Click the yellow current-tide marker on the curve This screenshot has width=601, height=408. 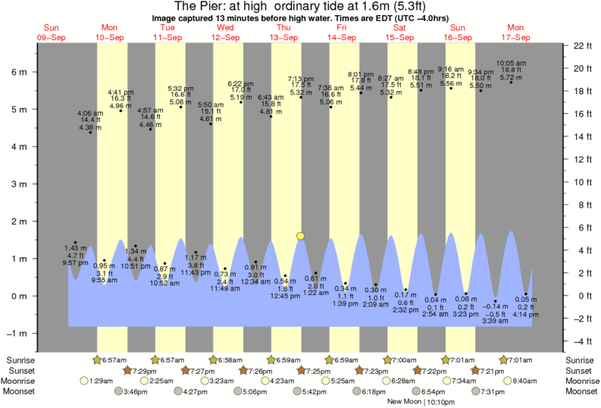pyautogui.click(x=301, y=237)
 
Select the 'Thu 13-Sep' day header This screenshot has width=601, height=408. pyautogui.click(x=284, y=32)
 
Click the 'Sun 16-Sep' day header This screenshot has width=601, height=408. pyautogui.click(x=459, y=32)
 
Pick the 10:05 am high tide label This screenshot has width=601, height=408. pyautogui.click(x=513, y=64)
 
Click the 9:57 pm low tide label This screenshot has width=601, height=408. pyautogui.click(x=75, y=265)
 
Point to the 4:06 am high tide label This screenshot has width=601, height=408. pyautogui.click(x=90, y=114)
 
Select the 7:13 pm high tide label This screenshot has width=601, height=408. pyautogui.click(x=301, y=79)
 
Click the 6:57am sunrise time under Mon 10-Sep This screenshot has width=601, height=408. pyautogui.click(x=113, y=359)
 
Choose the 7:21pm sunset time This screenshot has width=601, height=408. pyautogui.click(x=492, y=370)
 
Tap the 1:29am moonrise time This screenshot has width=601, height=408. pyautogui.click(x=99, y=381)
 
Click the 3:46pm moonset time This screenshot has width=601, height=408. pyautogui.click(x=134, y=391)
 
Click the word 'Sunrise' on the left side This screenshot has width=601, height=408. pyautogui.click(x=20, y=359)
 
